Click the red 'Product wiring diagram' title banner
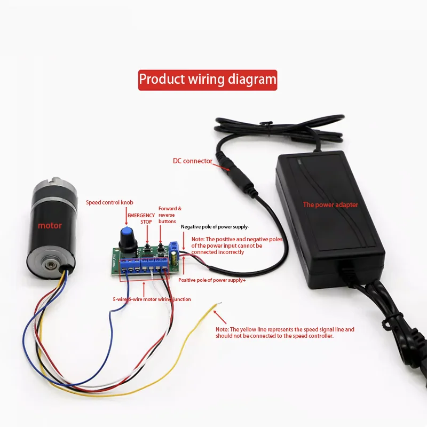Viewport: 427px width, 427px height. [208, 80]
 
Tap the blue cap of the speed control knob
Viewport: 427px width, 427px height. [126, 232]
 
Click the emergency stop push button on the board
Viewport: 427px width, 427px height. [147, 247]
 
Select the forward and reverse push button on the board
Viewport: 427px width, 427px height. [161, 247]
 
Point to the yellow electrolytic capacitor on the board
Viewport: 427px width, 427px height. [174, 258]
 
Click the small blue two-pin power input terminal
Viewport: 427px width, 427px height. [174, 247]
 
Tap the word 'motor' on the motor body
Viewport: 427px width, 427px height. [50, 225]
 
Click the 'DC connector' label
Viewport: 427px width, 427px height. [193, 161]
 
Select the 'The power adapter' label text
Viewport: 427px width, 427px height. [330, 205]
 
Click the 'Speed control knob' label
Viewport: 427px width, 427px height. [109, 202]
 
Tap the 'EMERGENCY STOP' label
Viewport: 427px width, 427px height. [141, 219]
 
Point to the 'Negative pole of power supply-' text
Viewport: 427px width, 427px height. [215, 227]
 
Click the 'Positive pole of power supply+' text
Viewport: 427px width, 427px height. [212, 280]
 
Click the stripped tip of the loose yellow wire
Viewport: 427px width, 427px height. [219, 304]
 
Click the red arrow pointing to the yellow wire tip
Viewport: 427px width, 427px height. [220, 317]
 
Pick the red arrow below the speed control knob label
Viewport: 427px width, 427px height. [126, 216]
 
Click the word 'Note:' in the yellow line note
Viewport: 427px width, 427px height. [222, 329]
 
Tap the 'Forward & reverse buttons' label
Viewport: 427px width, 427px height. [170, 215]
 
